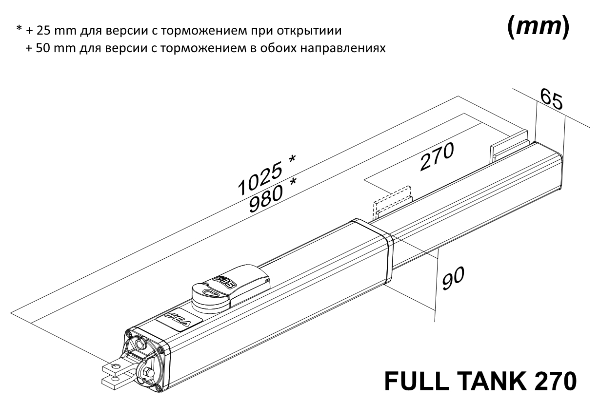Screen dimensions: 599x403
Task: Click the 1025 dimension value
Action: point(260,178)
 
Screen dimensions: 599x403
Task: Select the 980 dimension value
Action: point(266,199)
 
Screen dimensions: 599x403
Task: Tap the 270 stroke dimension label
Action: point(437,157)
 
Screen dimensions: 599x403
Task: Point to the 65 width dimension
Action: point(551,99)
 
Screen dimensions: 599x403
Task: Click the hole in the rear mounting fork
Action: point(116,365)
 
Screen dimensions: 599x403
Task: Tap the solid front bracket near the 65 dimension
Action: point(509,146)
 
